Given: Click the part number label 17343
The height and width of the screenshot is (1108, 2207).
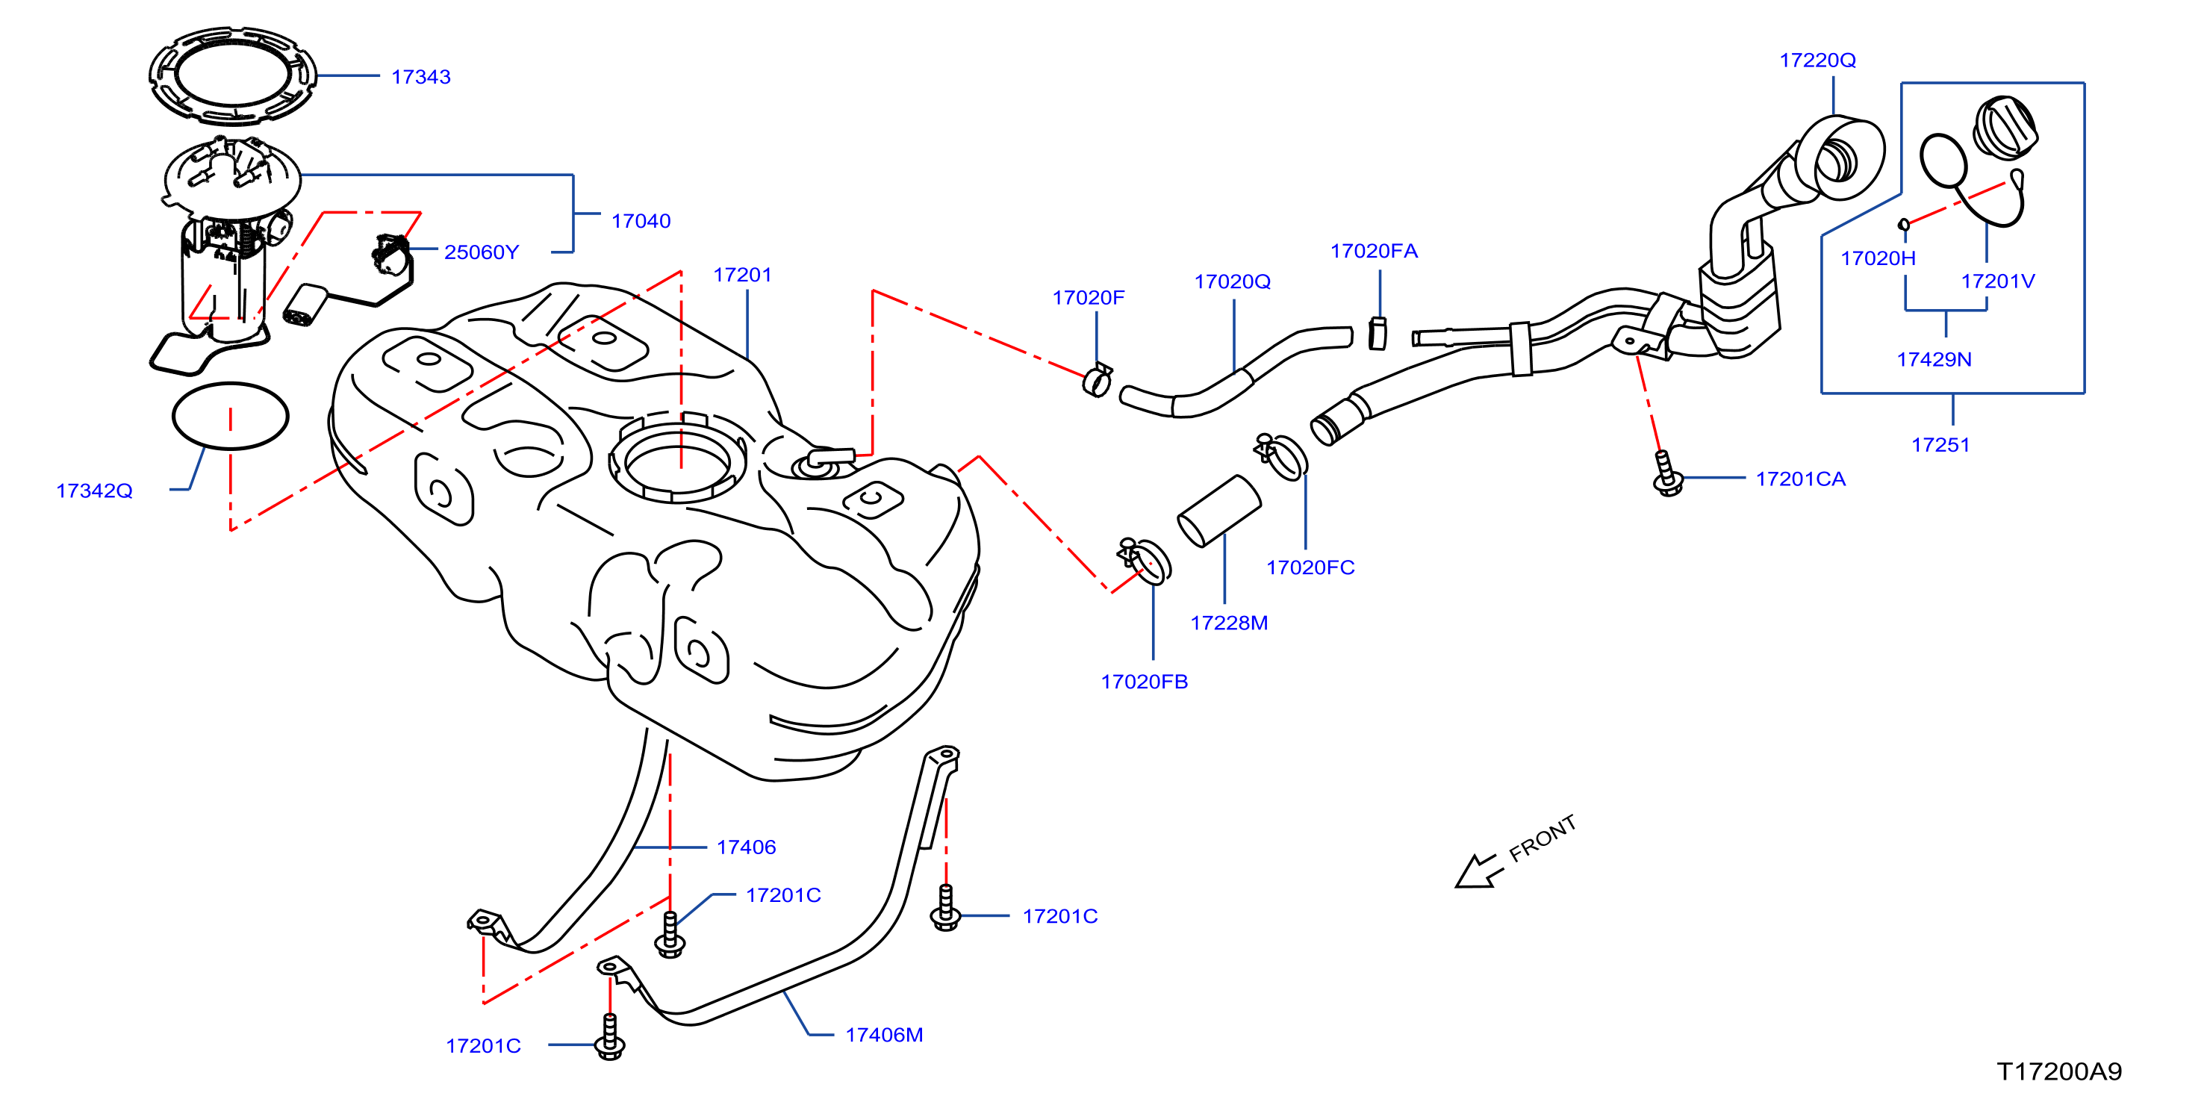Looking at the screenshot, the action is coord(420,77).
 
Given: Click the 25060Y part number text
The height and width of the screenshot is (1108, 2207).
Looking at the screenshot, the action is coord(482,252).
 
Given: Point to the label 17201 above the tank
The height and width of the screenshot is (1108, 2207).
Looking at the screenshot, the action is coord(743,275).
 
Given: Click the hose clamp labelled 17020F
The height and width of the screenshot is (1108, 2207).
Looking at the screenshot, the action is coord(1098,379).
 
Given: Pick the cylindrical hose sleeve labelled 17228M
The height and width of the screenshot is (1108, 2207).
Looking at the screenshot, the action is coord(1219,511).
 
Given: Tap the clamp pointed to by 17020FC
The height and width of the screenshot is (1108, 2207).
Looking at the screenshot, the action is coord(1281,457).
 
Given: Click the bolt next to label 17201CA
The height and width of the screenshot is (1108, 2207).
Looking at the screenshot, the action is coord(1666,474).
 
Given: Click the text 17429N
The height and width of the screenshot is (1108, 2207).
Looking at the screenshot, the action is coord(1934,360).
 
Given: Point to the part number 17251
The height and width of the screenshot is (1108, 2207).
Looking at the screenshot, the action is coord(1940,445).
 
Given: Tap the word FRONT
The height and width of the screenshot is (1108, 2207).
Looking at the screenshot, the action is coord(1543,838).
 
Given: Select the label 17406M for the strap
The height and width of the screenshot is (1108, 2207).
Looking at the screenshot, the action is coord(884,1035).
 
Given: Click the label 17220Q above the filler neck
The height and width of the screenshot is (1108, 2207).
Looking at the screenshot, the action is coord(1817,60).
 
